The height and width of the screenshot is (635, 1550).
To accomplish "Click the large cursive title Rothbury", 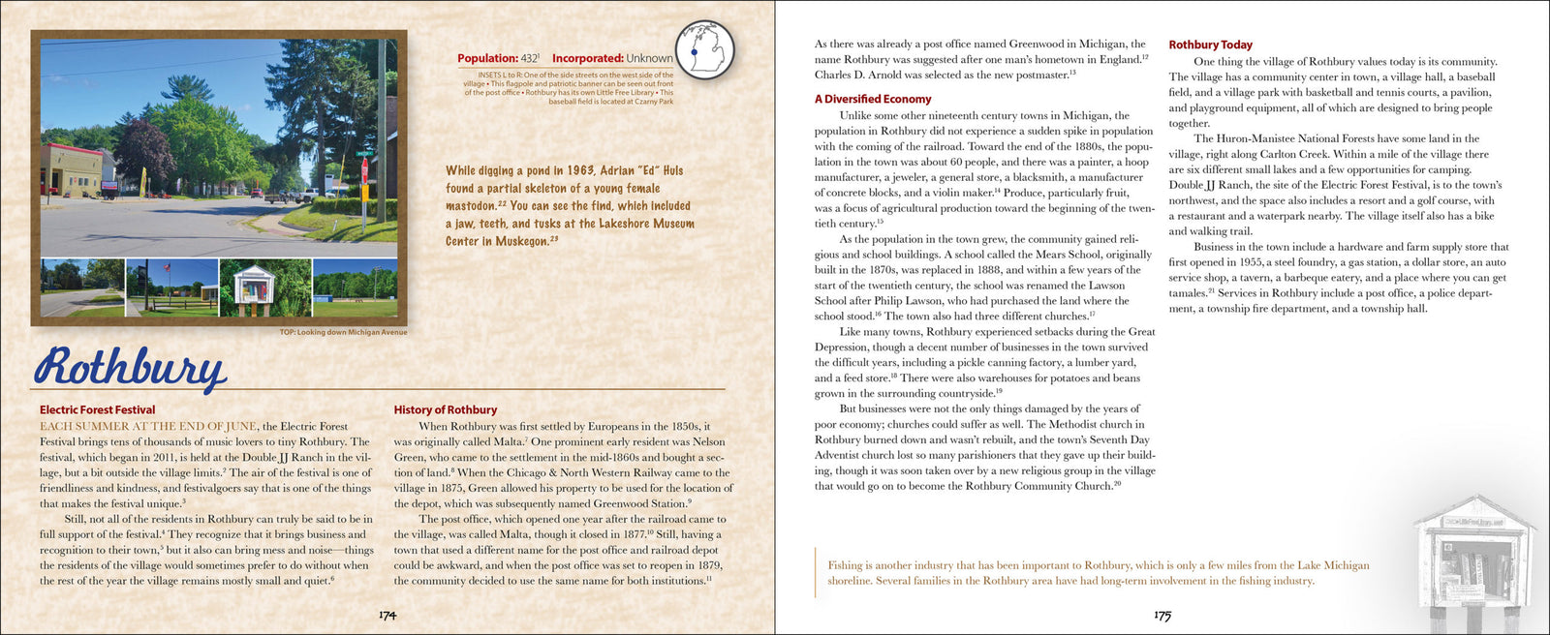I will (x=130, y=368).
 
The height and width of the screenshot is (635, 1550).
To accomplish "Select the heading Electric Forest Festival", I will (x=97, y=409).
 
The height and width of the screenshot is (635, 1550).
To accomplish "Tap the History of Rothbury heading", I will (x=445, y=409).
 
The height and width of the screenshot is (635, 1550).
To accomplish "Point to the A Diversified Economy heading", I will (x=872, y=99).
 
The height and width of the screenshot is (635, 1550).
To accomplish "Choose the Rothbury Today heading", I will (x=1210, y=45).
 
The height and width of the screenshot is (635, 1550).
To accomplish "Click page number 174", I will (x=387, y=615).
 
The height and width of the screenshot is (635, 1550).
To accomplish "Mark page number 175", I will (x=1162, y=615).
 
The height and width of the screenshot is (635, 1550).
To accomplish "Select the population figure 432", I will (x=529, y=58).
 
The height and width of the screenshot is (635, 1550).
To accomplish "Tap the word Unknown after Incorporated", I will (x=649, y=58).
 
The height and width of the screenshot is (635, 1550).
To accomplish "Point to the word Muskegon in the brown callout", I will (x=521, y=241).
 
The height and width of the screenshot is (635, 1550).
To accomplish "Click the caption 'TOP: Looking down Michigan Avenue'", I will (x=343, y=332).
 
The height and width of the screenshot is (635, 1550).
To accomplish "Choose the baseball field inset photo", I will (x=355, y=287).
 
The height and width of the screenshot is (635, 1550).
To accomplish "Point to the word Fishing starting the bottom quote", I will (x=844, y=565).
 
